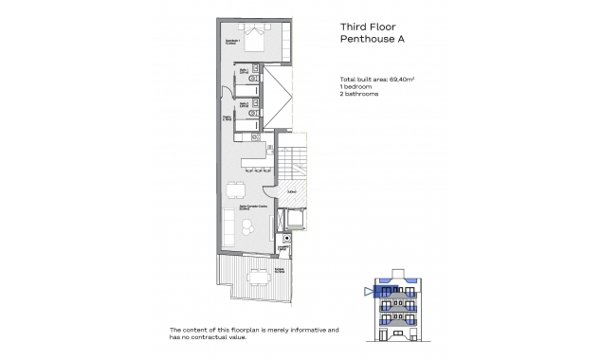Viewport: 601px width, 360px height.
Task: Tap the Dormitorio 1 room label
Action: (230, 41)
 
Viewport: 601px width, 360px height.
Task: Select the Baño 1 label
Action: (244, 70)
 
